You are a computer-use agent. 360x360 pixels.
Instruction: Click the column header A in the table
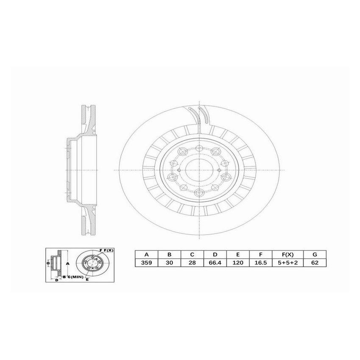pos(146,255)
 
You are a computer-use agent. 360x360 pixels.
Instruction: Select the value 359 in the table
pos(146,263)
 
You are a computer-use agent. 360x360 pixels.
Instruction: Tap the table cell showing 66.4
pos(215,263)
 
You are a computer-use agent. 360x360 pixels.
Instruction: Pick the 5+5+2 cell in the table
pos(288,263)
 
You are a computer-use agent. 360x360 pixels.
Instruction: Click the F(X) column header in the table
pos(288,255)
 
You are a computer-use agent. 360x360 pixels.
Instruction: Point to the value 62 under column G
pos(314,263)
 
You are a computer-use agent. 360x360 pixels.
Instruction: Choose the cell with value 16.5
pos(261,263)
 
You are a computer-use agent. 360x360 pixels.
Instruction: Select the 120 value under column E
pos(238,263)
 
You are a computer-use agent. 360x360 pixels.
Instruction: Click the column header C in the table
pos(192,255)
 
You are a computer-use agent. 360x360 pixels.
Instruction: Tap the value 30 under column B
pos(169,263)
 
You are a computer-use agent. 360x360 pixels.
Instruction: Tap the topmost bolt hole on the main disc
pos(199,148)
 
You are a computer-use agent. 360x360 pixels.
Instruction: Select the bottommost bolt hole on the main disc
pos(199,192)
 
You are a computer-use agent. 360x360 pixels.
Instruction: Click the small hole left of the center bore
pos(179,170)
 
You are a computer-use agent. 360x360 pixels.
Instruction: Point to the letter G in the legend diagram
pos(48,263)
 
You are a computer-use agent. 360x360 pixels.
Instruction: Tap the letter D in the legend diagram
pos(56,280)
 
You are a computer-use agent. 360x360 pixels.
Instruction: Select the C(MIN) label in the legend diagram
pos(74,277)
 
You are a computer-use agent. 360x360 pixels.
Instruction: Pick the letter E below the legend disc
pos(87,280)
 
